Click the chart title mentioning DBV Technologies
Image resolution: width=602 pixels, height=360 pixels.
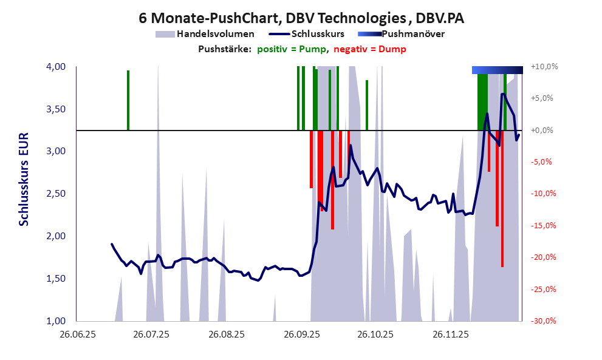[301, 19]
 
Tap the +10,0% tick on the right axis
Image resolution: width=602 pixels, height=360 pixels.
[544, 66]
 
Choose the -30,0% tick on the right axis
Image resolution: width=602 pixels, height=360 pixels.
[544, 321]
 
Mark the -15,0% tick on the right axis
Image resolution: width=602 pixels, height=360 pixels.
[544, 225]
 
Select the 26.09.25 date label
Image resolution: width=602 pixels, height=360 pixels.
[301, 334]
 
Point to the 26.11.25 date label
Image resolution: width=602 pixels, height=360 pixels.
[451, 334]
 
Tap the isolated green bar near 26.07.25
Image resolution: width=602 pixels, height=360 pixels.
[128, 100]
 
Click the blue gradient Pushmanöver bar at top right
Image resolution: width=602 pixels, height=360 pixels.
[497, 70]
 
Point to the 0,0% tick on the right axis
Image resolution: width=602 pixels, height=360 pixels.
[544, 130]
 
